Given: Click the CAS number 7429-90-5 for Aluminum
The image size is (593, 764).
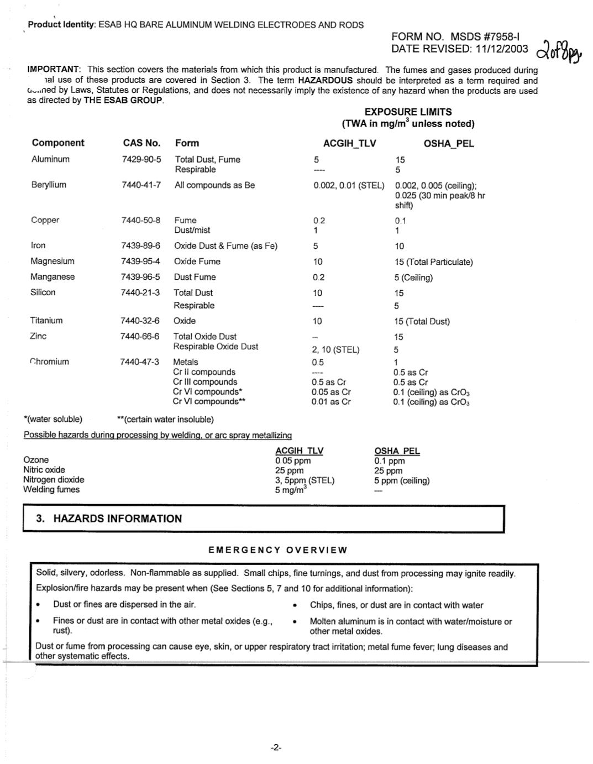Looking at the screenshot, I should pos(141,159).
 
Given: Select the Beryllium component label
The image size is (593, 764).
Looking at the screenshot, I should pos(49,185).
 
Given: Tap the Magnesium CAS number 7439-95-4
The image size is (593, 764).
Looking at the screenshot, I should pos(140,261).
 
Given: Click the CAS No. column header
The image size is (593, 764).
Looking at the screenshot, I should pos(141,143).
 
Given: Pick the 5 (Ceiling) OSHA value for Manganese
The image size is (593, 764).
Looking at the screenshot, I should pos(413,278).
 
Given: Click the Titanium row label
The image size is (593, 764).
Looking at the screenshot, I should pos(46,320).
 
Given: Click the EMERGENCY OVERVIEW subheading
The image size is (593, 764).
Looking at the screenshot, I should pos(278,550).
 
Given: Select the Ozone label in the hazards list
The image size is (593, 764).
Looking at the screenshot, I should pos(36,459).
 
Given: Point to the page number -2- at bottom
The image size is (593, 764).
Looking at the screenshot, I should pos(276,747).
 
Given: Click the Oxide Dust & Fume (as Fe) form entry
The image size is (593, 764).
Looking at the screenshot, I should pos(225,245).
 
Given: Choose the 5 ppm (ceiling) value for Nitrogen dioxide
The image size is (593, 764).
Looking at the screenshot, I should pos(402,480).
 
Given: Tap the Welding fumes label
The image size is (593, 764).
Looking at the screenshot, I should pos(51,489).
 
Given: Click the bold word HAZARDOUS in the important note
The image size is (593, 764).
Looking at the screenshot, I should pos(325,80).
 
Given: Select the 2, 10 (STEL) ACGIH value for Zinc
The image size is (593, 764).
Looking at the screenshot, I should pos(335,349).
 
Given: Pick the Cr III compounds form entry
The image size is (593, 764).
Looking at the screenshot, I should pos(205,381).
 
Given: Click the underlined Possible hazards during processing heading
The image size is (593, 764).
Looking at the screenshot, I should pos(158,435).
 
